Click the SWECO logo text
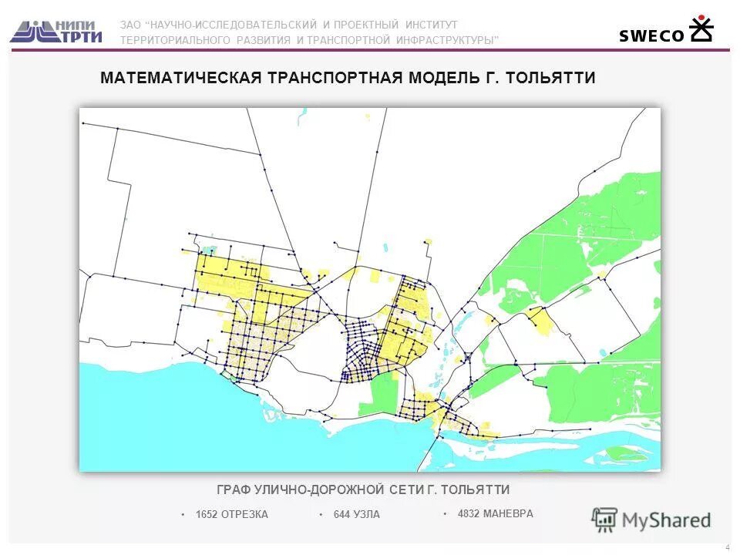click(651, 35)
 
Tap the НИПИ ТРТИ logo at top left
click(56, 31)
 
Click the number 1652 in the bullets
click(207, 515)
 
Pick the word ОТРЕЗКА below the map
click(244, 515)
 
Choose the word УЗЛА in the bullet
click(367, 515)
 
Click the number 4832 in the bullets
click(469, 513)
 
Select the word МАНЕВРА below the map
click(508, 513)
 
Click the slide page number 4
click(727, 547)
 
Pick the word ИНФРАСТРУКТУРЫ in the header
click(447, 40)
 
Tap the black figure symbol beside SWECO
click(701, 29)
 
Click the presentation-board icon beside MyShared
click(605, 520)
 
